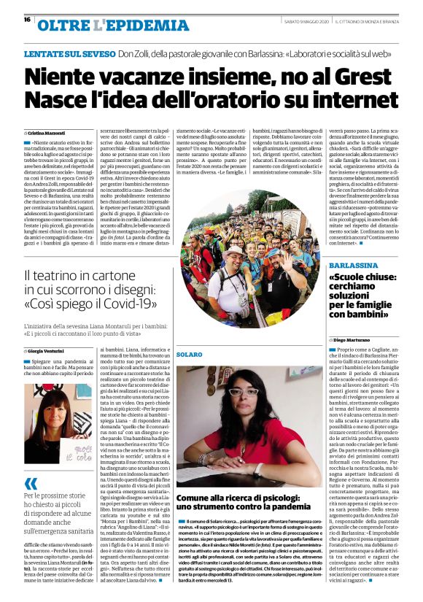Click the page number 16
pyautogui.click(x=26, y=20)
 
